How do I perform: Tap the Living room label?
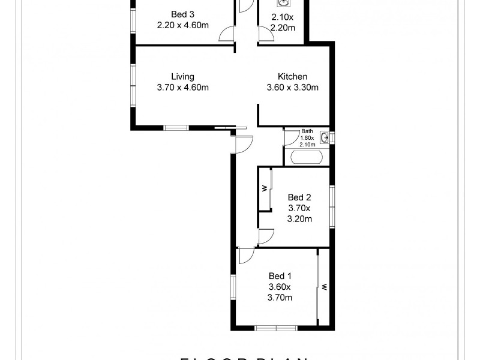point(182,77)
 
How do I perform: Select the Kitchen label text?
point(292,77)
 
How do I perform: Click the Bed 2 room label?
point(299,197)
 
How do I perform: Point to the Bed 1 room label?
point(280,276)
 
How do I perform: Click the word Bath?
point(307,131)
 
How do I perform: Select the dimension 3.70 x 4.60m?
point(182,88)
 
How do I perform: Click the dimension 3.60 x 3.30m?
point(292,88)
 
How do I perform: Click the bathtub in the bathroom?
point(306,157)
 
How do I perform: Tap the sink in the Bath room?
point(324,138)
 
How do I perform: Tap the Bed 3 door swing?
point(227,34)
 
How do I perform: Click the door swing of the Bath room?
point(290,139)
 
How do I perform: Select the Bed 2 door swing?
point(266,236)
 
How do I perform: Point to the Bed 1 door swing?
point(246,256)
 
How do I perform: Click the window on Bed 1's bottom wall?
point(275,328)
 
